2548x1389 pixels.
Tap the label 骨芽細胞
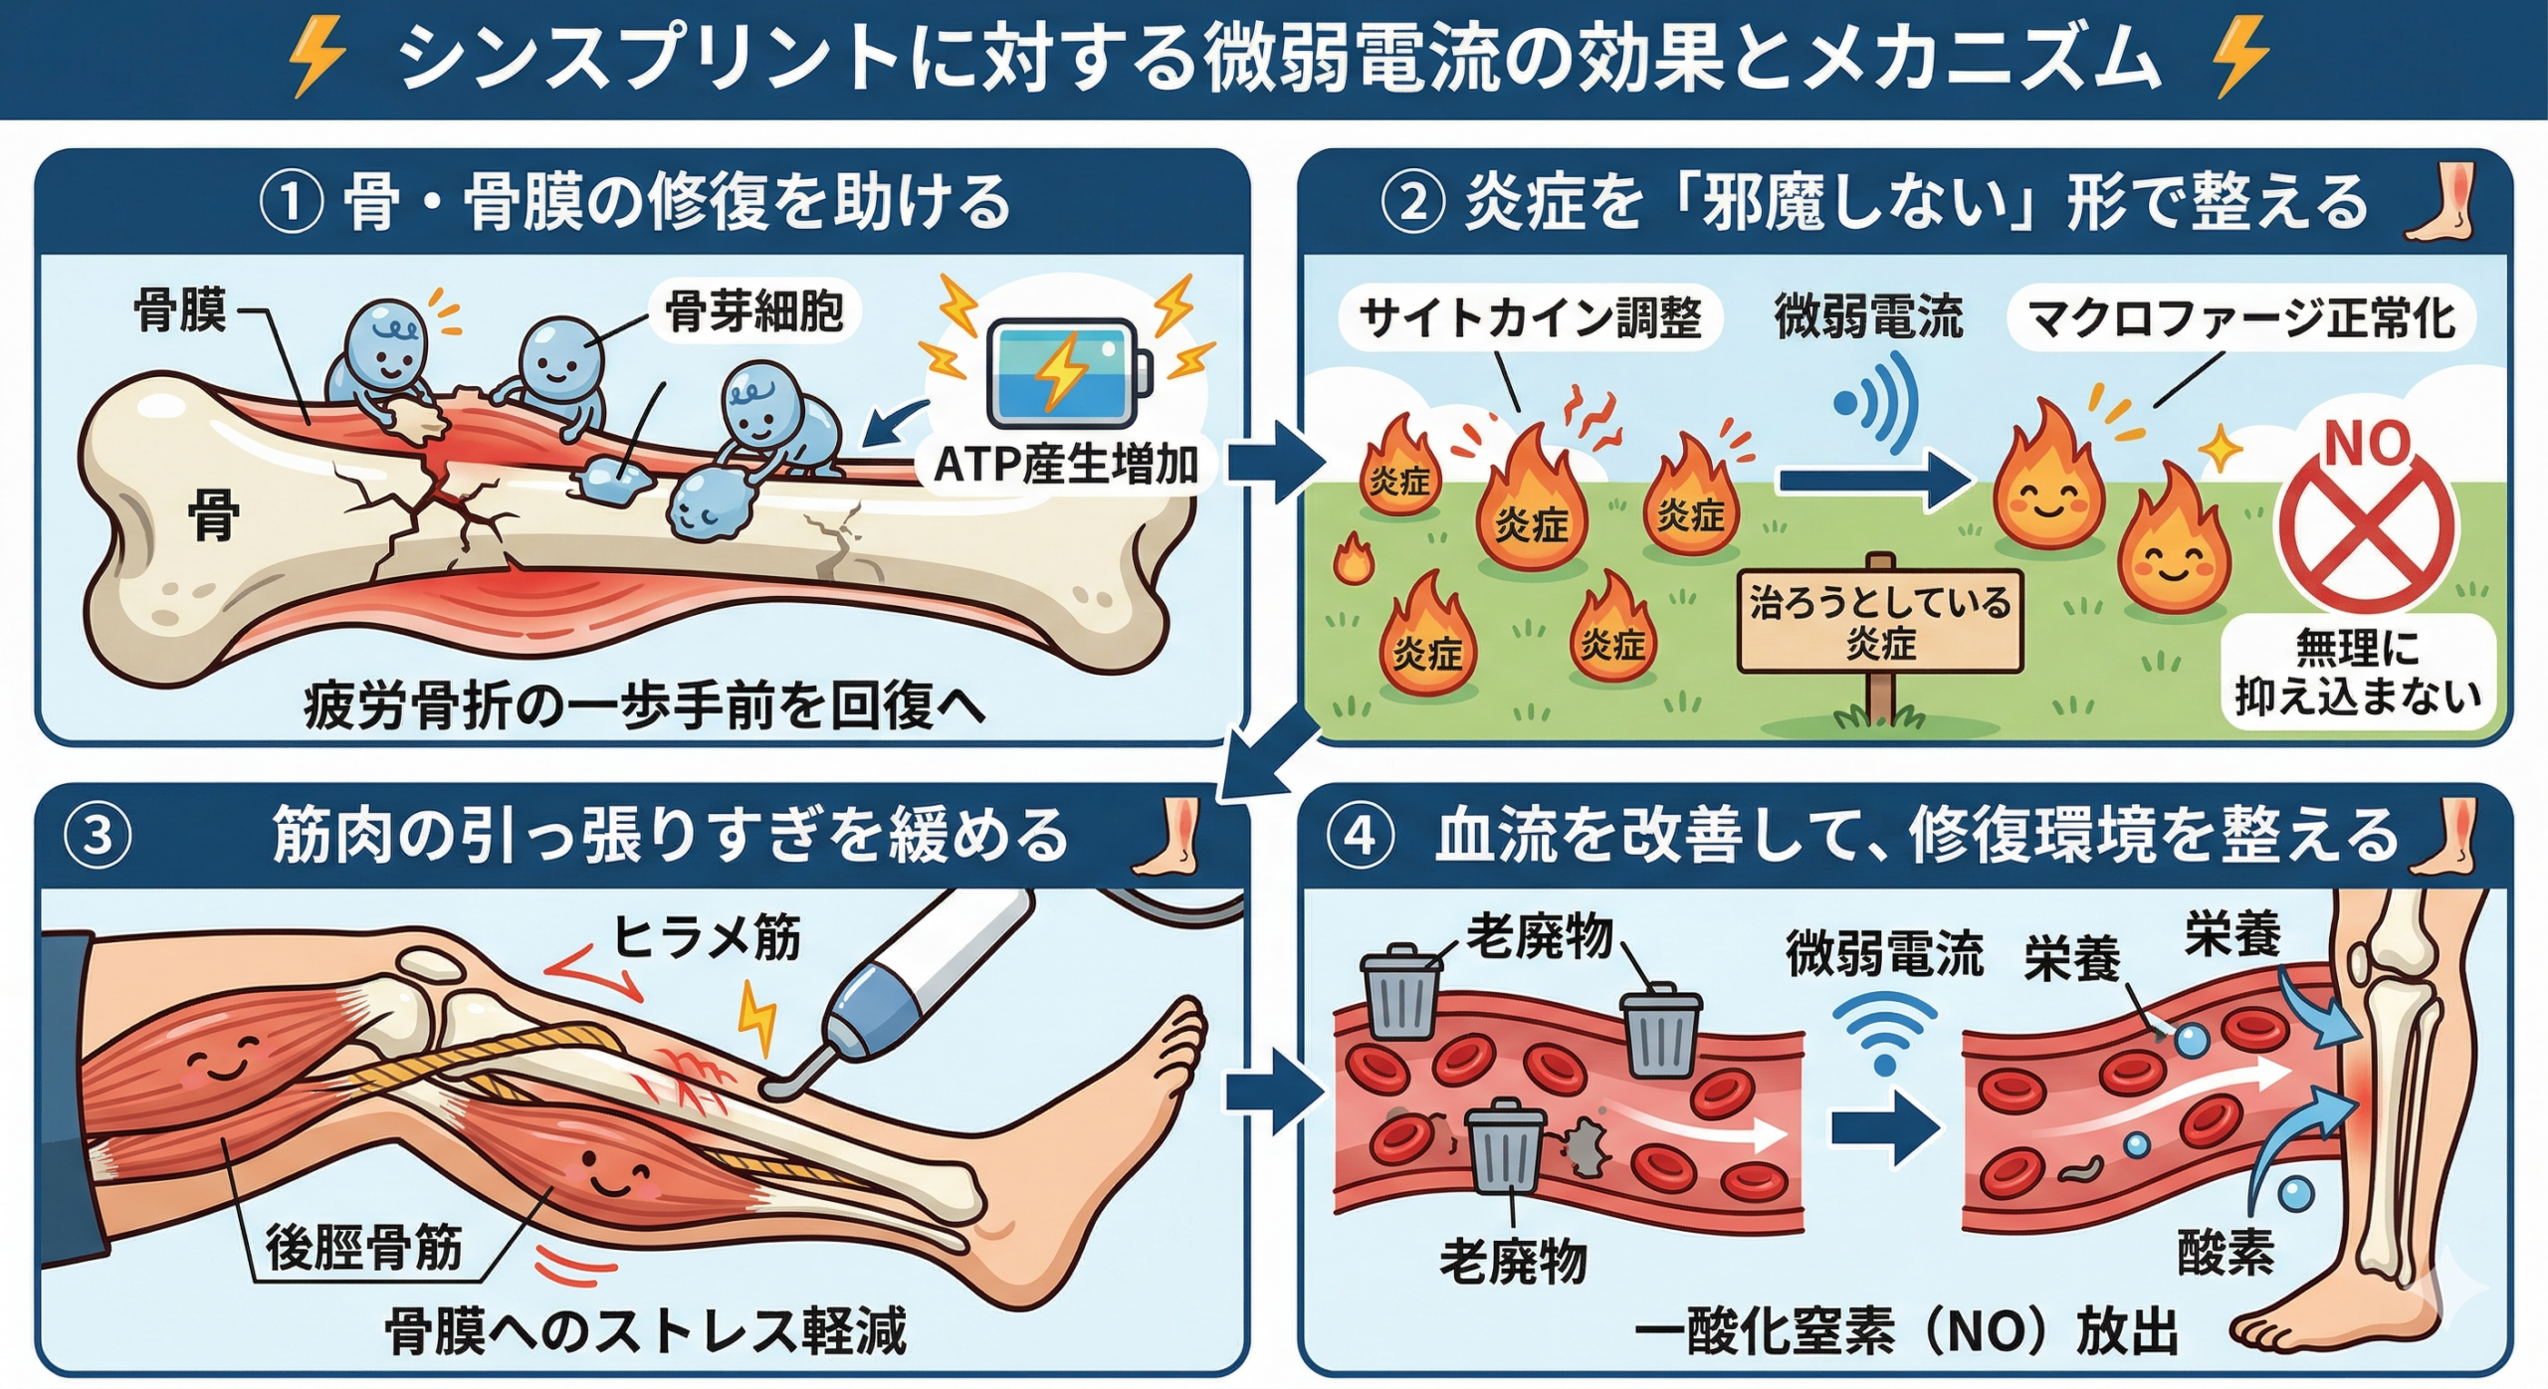[x=753, y=312]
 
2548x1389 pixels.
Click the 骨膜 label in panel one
[x=180, y=310]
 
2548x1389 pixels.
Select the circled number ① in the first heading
[x=291, y=202]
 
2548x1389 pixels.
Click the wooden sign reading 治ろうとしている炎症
[x=1880, y=622]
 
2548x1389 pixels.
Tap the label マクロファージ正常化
[x=2240, y=318]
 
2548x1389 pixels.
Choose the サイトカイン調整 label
[x=1530, y=318]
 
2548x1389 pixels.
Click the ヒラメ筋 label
[x=706, y=937]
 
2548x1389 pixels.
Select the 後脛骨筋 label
[x=364, y=1248]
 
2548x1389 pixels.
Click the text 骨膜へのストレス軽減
[x=646, y=1331]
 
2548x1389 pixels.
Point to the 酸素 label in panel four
[x=2226, y=1252]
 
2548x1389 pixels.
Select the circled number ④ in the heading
[x=1360, y=836]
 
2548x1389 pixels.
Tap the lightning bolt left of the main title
[x=316, y=58]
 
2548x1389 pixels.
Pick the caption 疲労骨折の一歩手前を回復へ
[x=645, y=707]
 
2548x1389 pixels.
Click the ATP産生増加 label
[x=1066, y=465]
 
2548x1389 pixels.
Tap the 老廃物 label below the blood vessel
[x=1513, y=1262]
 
